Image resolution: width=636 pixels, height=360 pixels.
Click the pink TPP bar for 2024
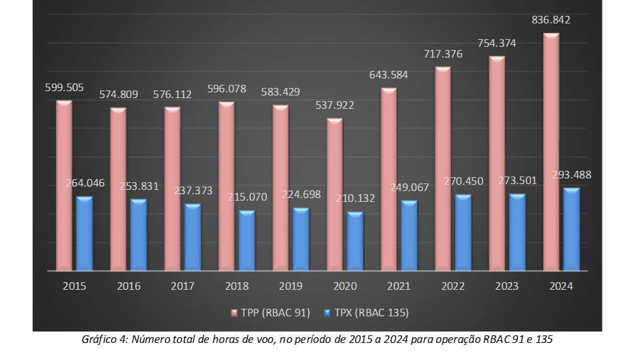pos(551,152)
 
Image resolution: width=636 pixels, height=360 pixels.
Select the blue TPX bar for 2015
pos(84,234)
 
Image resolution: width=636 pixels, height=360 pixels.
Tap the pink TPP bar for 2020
pos(334,195)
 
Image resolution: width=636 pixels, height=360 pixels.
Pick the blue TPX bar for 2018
pos(247,241)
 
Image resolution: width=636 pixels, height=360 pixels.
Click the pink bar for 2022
pos(443,170)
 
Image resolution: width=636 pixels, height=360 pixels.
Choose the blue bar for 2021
pos(409,236)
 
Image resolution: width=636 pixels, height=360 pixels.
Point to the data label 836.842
pos(551,20)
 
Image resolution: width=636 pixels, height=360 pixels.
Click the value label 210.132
pos(355,198)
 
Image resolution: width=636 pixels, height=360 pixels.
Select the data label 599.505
pos(64,88)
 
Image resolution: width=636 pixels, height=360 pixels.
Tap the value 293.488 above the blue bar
pos(572,175)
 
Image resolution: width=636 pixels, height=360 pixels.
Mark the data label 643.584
pos(388,75)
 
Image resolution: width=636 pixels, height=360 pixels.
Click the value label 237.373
pos(193,190)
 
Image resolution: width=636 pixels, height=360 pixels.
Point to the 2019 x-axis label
pos(291,287)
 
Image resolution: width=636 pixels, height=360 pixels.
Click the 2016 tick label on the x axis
pos(128,287)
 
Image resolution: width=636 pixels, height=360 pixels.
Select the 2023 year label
pos(507,287)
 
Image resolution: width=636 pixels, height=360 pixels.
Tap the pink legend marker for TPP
pos(234,313)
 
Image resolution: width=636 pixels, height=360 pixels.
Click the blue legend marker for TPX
pos(327,313)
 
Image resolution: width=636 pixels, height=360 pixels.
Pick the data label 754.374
pos(496,44)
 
